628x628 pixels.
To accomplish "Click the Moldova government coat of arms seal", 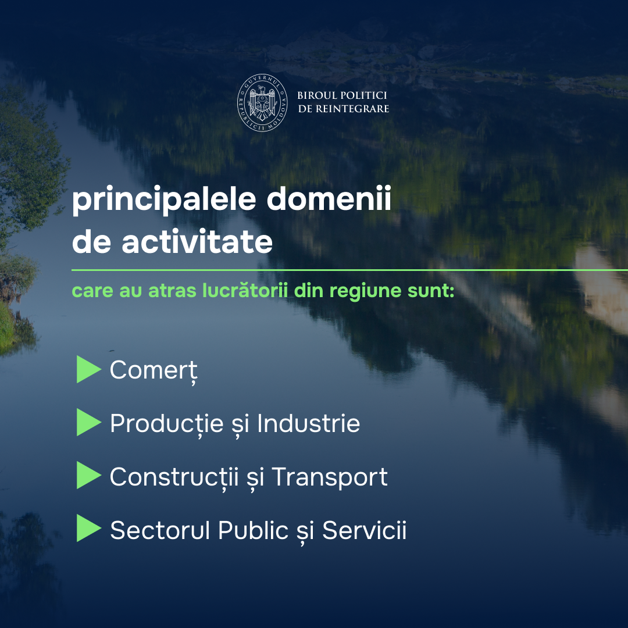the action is [262, 102].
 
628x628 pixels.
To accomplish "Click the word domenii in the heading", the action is [329, 198].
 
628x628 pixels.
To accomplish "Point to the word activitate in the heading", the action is [197, 241].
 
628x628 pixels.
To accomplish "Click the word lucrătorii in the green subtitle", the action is [245, 290].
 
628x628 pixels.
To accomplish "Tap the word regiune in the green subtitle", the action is [365, 291].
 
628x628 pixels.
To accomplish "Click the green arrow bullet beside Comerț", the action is [88, 369].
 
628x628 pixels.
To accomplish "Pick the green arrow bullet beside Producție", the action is [88, 422].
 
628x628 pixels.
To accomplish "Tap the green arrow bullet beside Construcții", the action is [88, 476].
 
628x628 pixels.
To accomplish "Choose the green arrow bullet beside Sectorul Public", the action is [88, 528].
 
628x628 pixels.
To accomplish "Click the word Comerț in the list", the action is [154, 371].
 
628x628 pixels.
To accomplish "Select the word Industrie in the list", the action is [308, 423].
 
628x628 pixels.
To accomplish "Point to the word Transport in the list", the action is [330, 477].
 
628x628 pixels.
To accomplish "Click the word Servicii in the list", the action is [365, 530].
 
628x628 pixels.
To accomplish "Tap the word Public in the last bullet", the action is [253, 530].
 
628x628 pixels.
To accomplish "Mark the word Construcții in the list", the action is [174, 477].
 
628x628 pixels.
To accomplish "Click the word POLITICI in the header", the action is [364, 95].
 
